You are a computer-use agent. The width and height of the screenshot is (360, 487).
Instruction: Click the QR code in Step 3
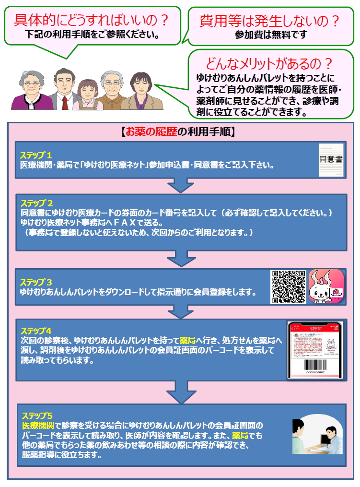(289, 287)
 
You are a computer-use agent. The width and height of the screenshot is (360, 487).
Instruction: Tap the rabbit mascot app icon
(326, 286)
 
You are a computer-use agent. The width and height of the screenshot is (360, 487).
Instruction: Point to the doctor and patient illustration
(314, 436)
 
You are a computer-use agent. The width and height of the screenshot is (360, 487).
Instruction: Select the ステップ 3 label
(36, 282)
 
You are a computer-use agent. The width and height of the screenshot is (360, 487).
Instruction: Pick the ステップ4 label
(35, 331)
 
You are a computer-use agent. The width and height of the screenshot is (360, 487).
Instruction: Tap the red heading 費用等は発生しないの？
(270, 21)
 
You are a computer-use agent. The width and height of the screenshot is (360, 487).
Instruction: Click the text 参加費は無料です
(270, 35)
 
